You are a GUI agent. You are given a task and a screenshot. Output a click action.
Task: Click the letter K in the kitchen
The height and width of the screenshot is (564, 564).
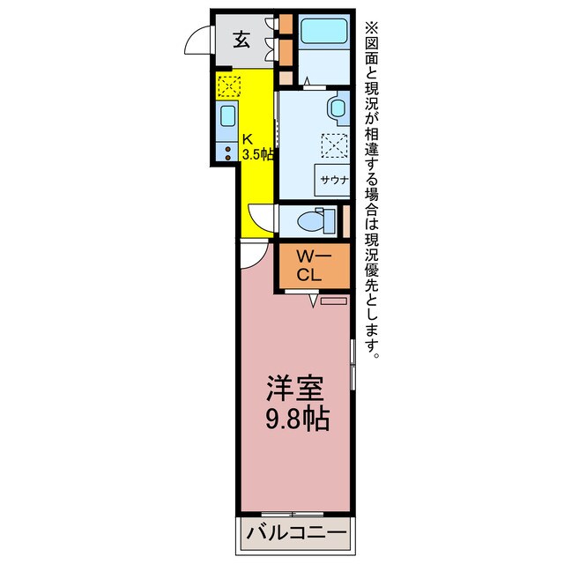(248, 139)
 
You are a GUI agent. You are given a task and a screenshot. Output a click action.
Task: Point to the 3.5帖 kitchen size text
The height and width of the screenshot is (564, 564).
(257, 154)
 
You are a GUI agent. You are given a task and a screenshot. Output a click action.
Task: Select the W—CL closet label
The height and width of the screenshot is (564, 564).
(313, 265)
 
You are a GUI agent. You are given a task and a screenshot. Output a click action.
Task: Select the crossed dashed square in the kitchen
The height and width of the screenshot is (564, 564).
(228, 86)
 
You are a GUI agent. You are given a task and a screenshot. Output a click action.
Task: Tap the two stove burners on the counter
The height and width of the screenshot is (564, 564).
(226, 151)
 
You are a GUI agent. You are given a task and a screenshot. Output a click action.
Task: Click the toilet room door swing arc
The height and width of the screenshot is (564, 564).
(261, 217)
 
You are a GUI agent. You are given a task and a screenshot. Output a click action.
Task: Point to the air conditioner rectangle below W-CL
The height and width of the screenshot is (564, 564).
(334, 301)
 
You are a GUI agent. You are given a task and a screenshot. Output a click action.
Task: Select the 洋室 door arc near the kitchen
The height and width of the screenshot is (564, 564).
(250, 255)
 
